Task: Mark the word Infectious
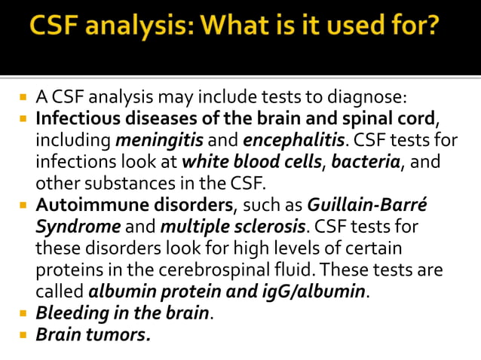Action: point(76,119)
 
